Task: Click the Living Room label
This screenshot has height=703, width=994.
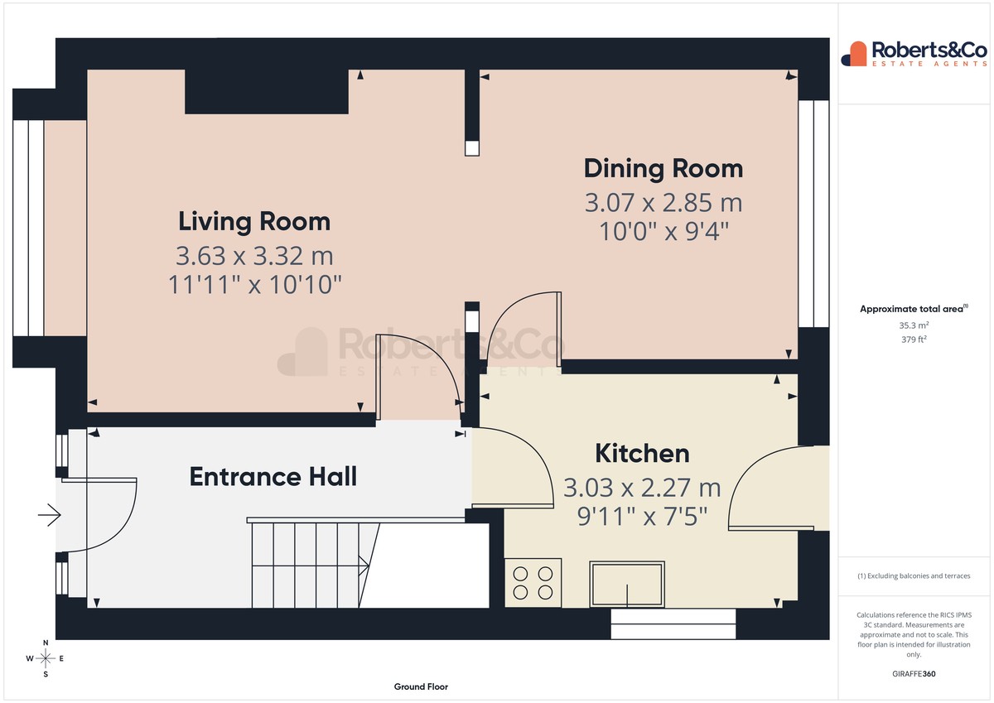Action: tap(254, 221)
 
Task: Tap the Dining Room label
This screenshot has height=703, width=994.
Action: tap(663, 169)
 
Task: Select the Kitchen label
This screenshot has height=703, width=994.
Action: tap(642, 453)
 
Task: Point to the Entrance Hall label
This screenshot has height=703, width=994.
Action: tap(273, 477)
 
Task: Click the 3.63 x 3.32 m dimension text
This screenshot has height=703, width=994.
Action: tap(254, 256)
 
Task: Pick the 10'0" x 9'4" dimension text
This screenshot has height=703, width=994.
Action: tap(663, 232)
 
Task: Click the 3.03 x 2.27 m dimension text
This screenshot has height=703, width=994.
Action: tap(642, 488)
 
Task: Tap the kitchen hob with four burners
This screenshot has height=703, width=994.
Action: tap(533, 582)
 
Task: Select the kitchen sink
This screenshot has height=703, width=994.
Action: tap(627, 584)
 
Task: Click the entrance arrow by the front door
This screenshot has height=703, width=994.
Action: tap(49, 515)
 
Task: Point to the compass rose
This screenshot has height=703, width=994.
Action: tap(46, 658)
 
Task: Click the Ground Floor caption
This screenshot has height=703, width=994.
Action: tap(421, 686)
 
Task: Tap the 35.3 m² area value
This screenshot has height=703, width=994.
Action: tap(914, 325)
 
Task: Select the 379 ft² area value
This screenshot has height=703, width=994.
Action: tap(914, 339)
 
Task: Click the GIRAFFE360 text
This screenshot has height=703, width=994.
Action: tap(914, 674)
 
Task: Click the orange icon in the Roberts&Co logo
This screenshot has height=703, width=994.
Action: tap(854, 54)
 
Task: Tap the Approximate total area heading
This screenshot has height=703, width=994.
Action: tap(914, 309)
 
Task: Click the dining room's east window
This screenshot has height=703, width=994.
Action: tap(813, 214)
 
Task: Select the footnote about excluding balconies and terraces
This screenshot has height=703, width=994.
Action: tap(914, 575)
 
